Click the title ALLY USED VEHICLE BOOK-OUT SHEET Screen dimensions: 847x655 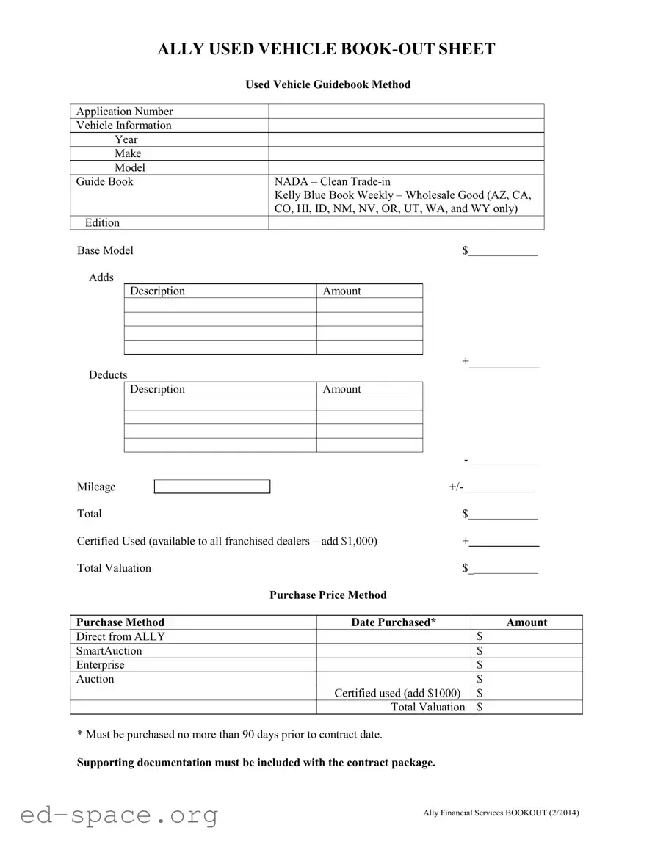click(327, 49)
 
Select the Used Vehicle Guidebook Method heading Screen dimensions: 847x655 click(327, 84)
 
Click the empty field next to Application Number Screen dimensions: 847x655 click(406, 112)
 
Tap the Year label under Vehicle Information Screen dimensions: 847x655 click(126, 139)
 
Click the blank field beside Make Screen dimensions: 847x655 click(406, 153)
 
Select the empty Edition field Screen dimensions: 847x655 click(406, 223)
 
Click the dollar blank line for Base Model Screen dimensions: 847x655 click(503, 252)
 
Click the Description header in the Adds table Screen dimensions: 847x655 click(157, 291)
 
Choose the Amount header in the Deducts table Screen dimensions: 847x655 click(341, 390)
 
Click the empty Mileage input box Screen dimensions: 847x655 click(212, 487)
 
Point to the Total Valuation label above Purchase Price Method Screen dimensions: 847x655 click(114, 568)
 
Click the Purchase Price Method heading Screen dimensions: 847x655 click(327, 595)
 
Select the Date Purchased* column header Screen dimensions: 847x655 click(394, 622)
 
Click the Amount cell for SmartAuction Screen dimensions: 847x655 click(526, 651)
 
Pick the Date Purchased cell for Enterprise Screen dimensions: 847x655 click(394, 665)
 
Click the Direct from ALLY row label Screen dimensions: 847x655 click(120, 636)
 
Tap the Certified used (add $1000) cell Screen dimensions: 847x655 click(397, 693)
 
